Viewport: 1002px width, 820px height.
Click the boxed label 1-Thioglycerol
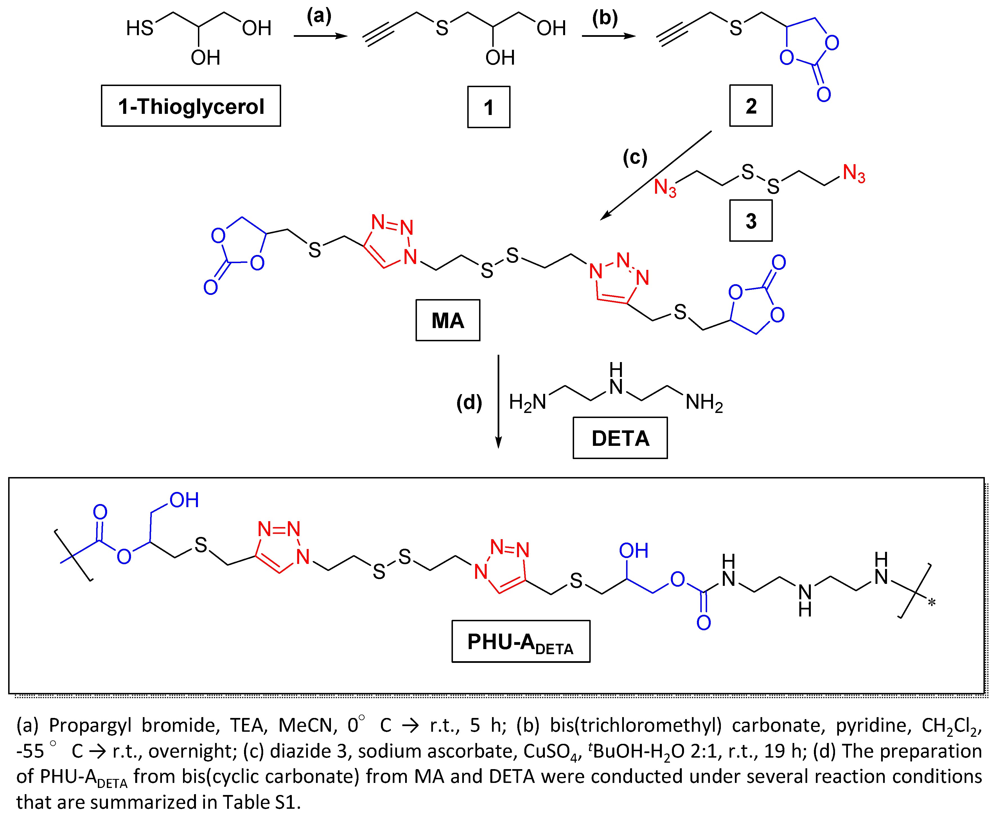(x=191, y=106)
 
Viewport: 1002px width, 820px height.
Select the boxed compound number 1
(x=488, y=107)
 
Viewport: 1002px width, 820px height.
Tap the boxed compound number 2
(x=751, y=105)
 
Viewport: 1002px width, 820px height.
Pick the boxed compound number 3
(x=751, y=221)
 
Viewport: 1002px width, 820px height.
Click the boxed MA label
(x=447, y=320)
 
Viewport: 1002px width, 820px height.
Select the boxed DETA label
(x=620, y=438)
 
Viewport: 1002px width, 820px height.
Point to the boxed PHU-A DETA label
(x=521, y=641)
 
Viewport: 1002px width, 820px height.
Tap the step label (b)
(x=605, y=18)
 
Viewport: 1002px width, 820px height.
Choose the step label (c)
(x=635, y=157)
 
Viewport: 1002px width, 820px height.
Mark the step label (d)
(x=469, y=403)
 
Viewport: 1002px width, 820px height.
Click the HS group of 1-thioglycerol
(x=139, y=28)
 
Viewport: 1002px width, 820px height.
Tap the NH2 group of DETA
(x=704, y=403)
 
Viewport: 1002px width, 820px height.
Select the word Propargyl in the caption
(x=90, y=725)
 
